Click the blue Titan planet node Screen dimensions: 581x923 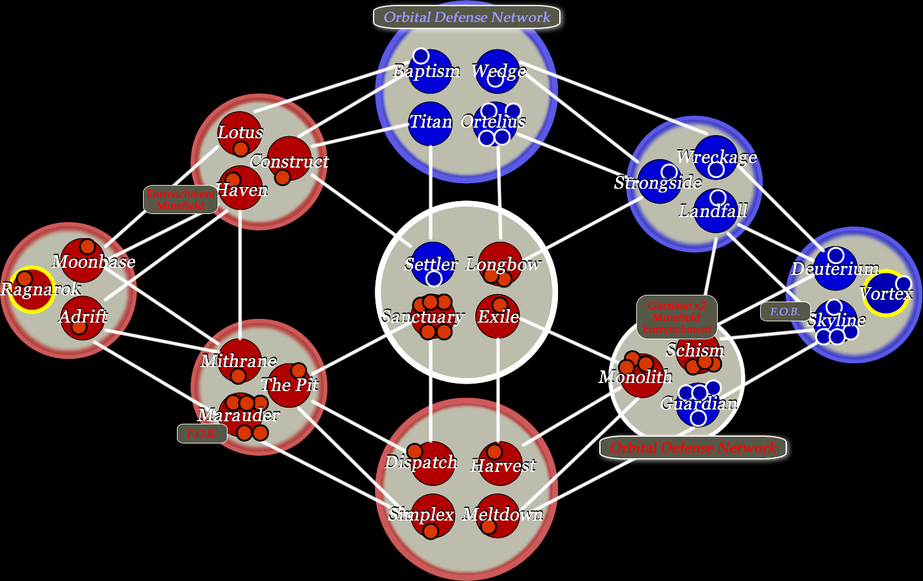[x=430, y=123]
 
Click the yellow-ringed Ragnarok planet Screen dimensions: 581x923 [x=31, y=289]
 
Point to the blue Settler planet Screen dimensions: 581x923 [x=433, y=264]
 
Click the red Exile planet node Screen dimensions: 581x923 [x=498, y=316]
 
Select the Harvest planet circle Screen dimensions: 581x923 [x=500, y=463]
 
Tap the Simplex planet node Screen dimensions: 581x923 [x=432, y=515]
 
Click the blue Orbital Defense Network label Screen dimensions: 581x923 [x=467, y=17]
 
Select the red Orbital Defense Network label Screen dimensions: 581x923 [x=693, y=448]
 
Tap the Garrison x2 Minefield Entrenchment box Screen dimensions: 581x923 [x=676, y=317]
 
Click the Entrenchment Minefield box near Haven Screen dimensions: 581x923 [x=180, y=200]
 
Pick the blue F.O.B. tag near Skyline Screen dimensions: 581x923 [x=785, y=311]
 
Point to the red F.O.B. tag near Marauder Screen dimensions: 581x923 [x=202, y=434]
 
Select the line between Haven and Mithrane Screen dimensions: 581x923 [x=240, y=271]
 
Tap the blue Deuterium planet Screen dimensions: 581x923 [x=835, y=268]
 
